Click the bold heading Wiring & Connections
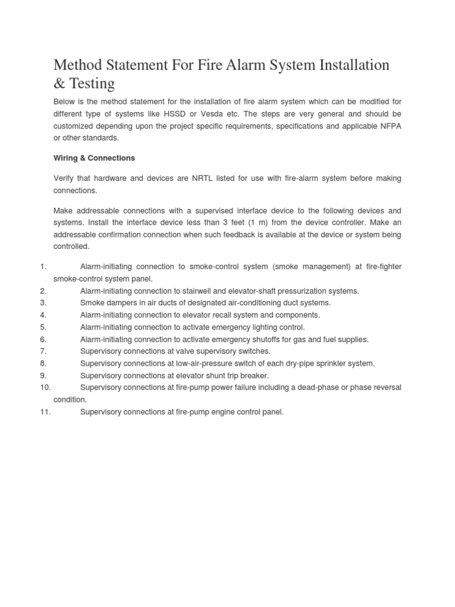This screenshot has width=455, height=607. [x=94, y=158]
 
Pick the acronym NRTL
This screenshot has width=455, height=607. [x=204, y=178]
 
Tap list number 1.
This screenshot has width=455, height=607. [x=43, y=267]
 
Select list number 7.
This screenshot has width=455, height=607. [x=43, y=352]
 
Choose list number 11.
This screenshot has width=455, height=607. [x=46, y=412]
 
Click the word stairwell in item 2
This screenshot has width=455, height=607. [x=208, y=291]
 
